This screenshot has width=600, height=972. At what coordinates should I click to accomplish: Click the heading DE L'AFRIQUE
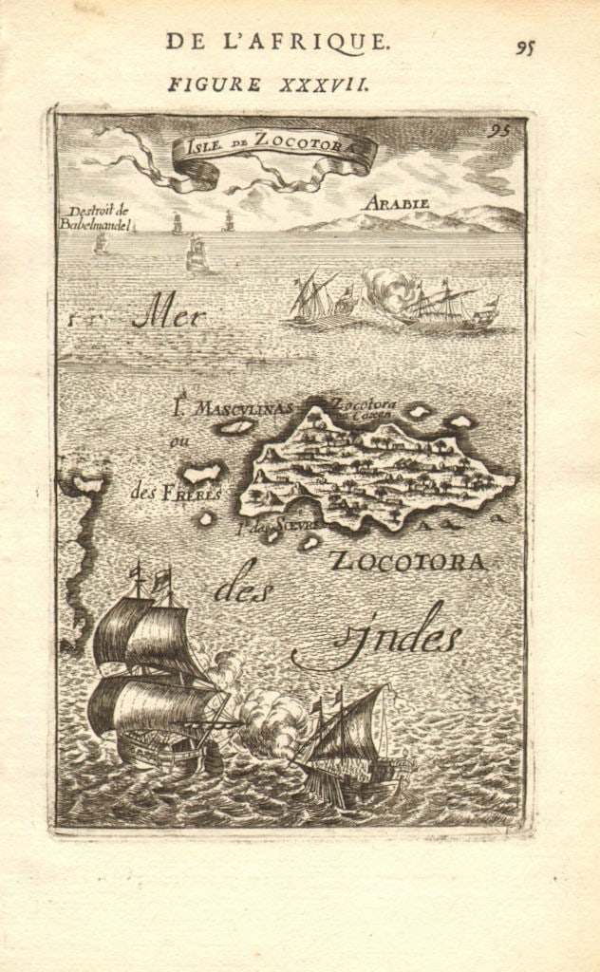click(277, 41)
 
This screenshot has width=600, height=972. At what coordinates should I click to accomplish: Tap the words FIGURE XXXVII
click(269, 84)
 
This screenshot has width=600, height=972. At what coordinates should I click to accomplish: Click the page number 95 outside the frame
click(525, 47)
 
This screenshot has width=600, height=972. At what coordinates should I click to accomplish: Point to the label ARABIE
click(396, 203)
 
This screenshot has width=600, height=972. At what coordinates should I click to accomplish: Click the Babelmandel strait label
click(98, 219)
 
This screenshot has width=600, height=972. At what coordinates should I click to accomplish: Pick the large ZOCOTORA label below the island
click(408, 561)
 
